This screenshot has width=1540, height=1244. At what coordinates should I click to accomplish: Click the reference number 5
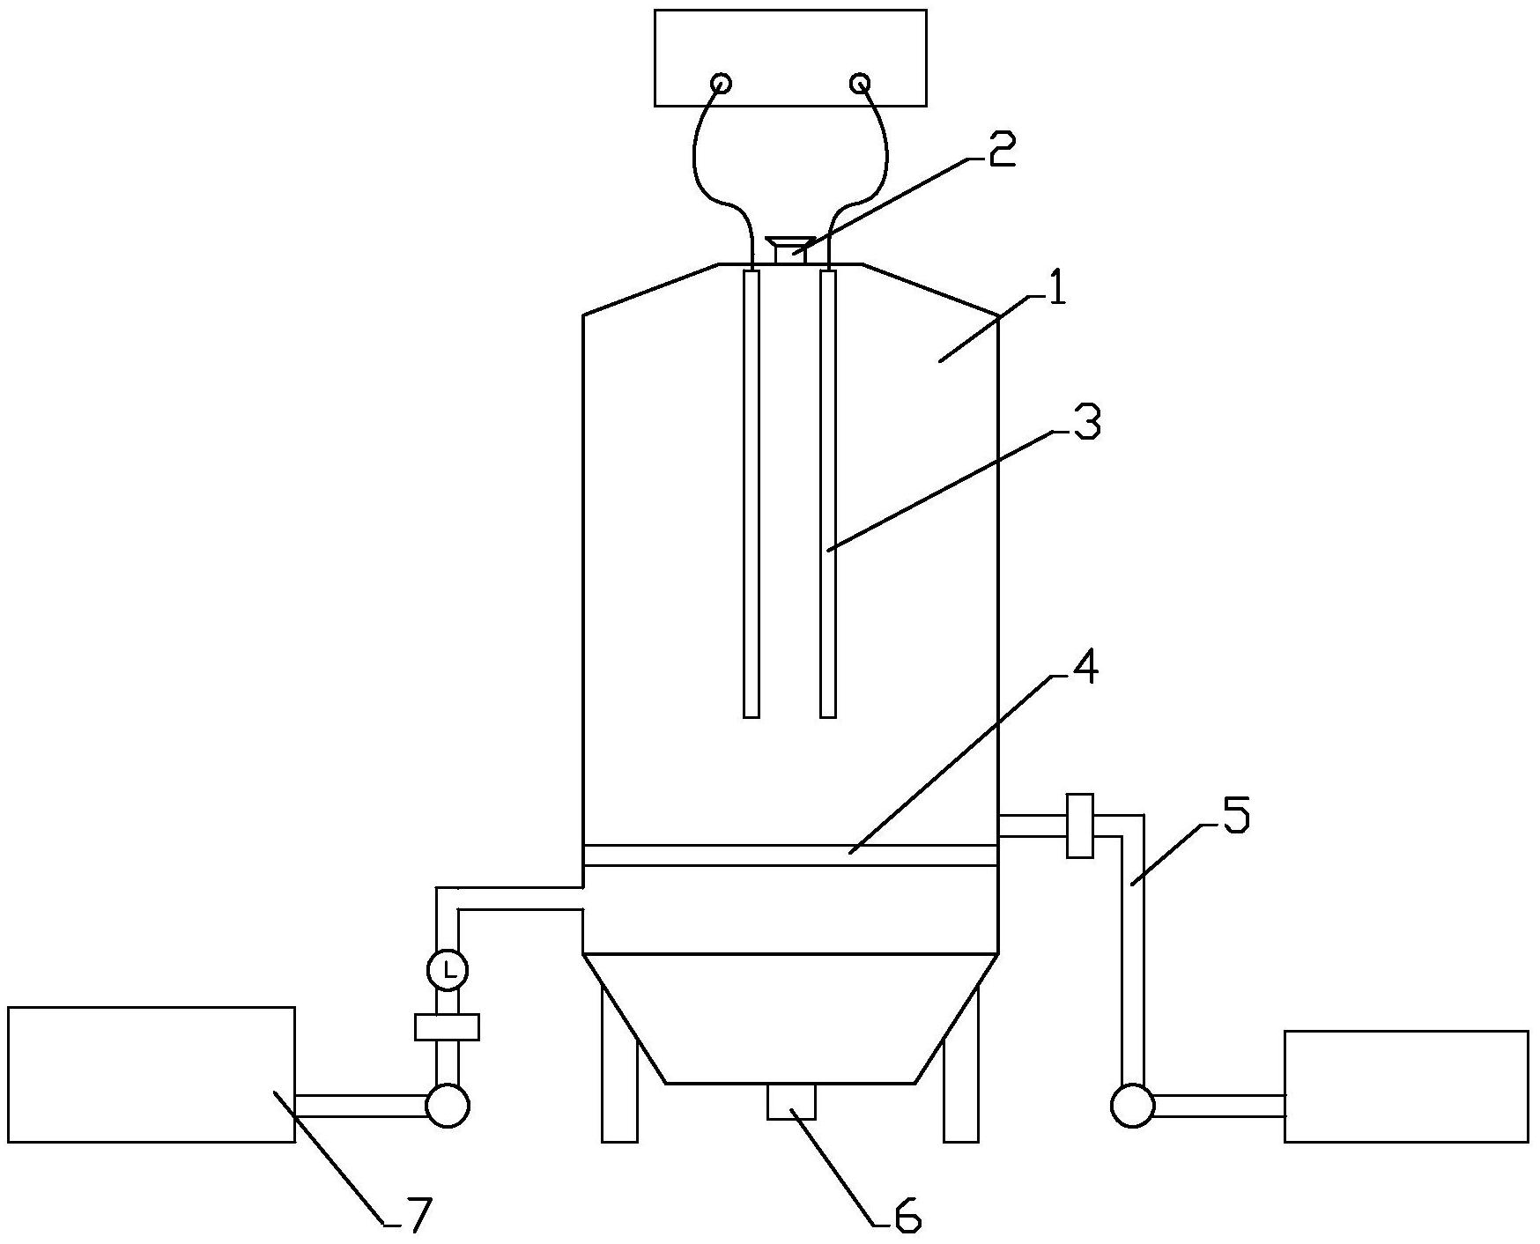click(x=1237, y=816)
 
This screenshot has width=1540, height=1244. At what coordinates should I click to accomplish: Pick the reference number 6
click(x=907, y=1217)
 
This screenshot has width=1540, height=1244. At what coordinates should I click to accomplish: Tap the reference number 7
click(x=417, y=1216)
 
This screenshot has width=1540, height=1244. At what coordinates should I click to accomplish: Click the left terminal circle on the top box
click(x=721, y=84)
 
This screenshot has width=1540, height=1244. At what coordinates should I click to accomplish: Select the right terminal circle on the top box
click(x=860, y=84)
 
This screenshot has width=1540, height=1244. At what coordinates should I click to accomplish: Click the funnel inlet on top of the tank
click(x=790, y=249)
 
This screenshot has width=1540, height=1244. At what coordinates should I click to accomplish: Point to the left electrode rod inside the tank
click(x=751, y=493)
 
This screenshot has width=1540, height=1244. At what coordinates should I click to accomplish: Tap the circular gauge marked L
click(x=448, y=970)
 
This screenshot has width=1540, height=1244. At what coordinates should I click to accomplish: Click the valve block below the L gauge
click(x=448, y=1027)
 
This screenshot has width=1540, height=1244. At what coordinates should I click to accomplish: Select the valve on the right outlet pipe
click(x=1079, y=826)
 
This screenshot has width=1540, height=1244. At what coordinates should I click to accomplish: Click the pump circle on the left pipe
click(x=448, y=1105)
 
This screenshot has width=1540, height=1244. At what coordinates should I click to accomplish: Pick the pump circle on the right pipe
click(x=1132, y=1105)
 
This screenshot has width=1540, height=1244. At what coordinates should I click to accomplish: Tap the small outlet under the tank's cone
click(x=791, y=1101)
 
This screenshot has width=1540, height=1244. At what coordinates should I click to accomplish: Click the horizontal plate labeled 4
click(x=790, y=855)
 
